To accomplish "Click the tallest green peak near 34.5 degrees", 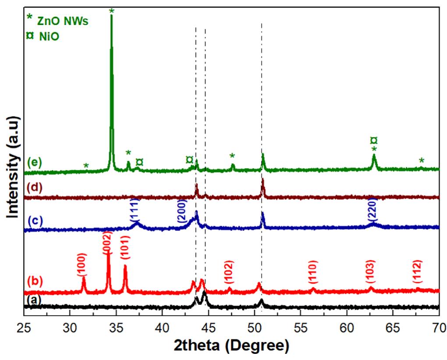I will [x=111, y=18].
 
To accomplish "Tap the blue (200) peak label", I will [x=183, y=211].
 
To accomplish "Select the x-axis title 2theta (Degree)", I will [x=232, y=346].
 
